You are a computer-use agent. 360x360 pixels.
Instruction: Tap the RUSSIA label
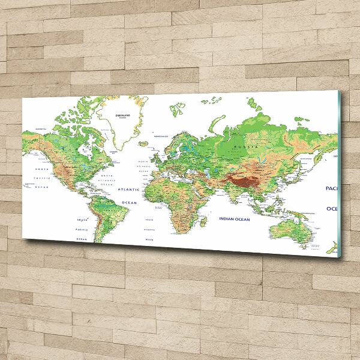pyautogui.click(x=246, y=147)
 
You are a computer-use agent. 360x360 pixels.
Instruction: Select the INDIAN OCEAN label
pyautogui.click(x=233, y=219)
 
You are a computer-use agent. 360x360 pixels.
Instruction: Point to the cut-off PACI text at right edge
pyautogui.click(x=332, y=188)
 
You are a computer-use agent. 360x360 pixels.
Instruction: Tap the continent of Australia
pyautogui.click(x=287, y=231)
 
